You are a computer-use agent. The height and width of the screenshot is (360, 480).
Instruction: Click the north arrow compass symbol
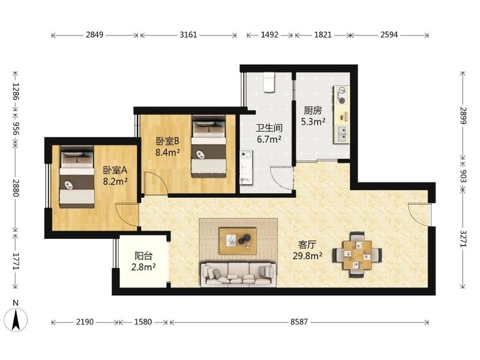16,319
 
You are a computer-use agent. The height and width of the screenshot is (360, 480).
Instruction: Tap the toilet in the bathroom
269,82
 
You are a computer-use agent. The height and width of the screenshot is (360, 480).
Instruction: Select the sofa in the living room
238,274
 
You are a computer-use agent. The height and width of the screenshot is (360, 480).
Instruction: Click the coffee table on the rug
238,241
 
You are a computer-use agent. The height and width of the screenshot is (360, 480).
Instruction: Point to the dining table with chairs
357,254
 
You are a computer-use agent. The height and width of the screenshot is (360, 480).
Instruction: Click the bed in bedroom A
77,177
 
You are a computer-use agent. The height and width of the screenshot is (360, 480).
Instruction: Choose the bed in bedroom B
209,146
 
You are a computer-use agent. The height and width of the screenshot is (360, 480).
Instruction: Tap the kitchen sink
342,134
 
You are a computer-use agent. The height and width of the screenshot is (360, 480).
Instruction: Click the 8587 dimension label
299,322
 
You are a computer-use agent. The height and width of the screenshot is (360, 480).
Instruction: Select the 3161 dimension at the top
188,35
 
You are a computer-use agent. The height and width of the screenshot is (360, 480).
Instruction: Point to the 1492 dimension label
269,35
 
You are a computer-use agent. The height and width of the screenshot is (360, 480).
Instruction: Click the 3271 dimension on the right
463,238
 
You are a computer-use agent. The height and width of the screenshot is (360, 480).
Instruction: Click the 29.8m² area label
307,256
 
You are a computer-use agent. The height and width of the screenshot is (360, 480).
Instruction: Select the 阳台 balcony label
143,256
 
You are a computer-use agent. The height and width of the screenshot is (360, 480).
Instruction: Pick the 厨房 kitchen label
313,110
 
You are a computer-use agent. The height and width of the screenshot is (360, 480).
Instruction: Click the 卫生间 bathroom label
269,128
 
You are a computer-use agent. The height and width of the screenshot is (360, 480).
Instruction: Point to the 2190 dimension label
85,322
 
